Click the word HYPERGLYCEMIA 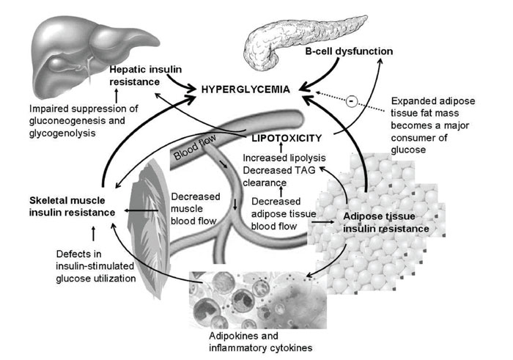[246, 89]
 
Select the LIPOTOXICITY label [287, 139]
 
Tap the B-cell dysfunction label [349, 51]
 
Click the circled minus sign [351, 101]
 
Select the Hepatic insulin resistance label [145, 76]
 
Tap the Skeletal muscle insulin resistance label [72, 207]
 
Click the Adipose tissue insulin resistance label [386, 222]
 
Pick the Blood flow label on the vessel [195, 147]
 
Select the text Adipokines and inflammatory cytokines [260, 342]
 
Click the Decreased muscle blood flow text [196, 209]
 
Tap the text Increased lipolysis [284, 158]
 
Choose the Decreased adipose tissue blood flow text [284, 213]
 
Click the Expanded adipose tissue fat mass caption [433, 125]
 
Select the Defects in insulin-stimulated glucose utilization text [95, 266]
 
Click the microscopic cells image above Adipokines [258, 300]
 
